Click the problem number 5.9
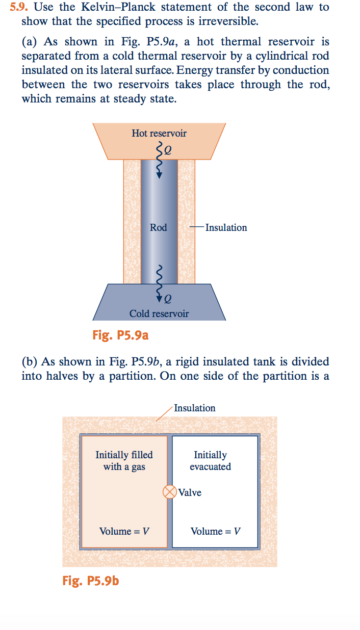point(19,8)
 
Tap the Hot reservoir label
point(159,134)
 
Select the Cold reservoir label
point(159,313)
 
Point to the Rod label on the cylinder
point(159,228)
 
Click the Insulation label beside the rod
point(226,228)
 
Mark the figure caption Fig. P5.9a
point(120,335)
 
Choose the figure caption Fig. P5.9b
point(91,580)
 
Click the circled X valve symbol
point(169,492)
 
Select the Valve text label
point(190,492)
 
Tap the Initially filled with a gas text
point(124,460)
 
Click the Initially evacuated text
point(210,460)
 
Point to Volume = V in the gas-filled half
point(124,531)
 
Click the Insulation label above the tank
point(194,408)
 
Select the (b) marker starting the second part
point(29,362)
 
